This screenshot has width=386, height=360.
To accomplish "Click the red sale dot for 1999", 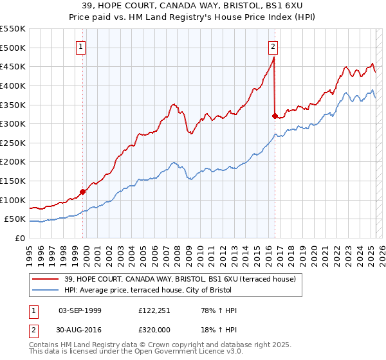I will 82,191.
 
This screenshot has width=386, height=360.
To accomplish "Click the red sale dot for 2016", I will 275,116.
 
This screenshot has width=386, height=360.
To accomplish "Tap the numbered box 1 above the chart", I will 81,46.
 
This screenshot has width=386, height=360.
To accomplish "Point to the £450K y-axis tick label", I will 13,66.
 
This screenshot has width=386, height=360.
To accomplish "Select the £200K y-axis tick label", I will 13,161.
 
